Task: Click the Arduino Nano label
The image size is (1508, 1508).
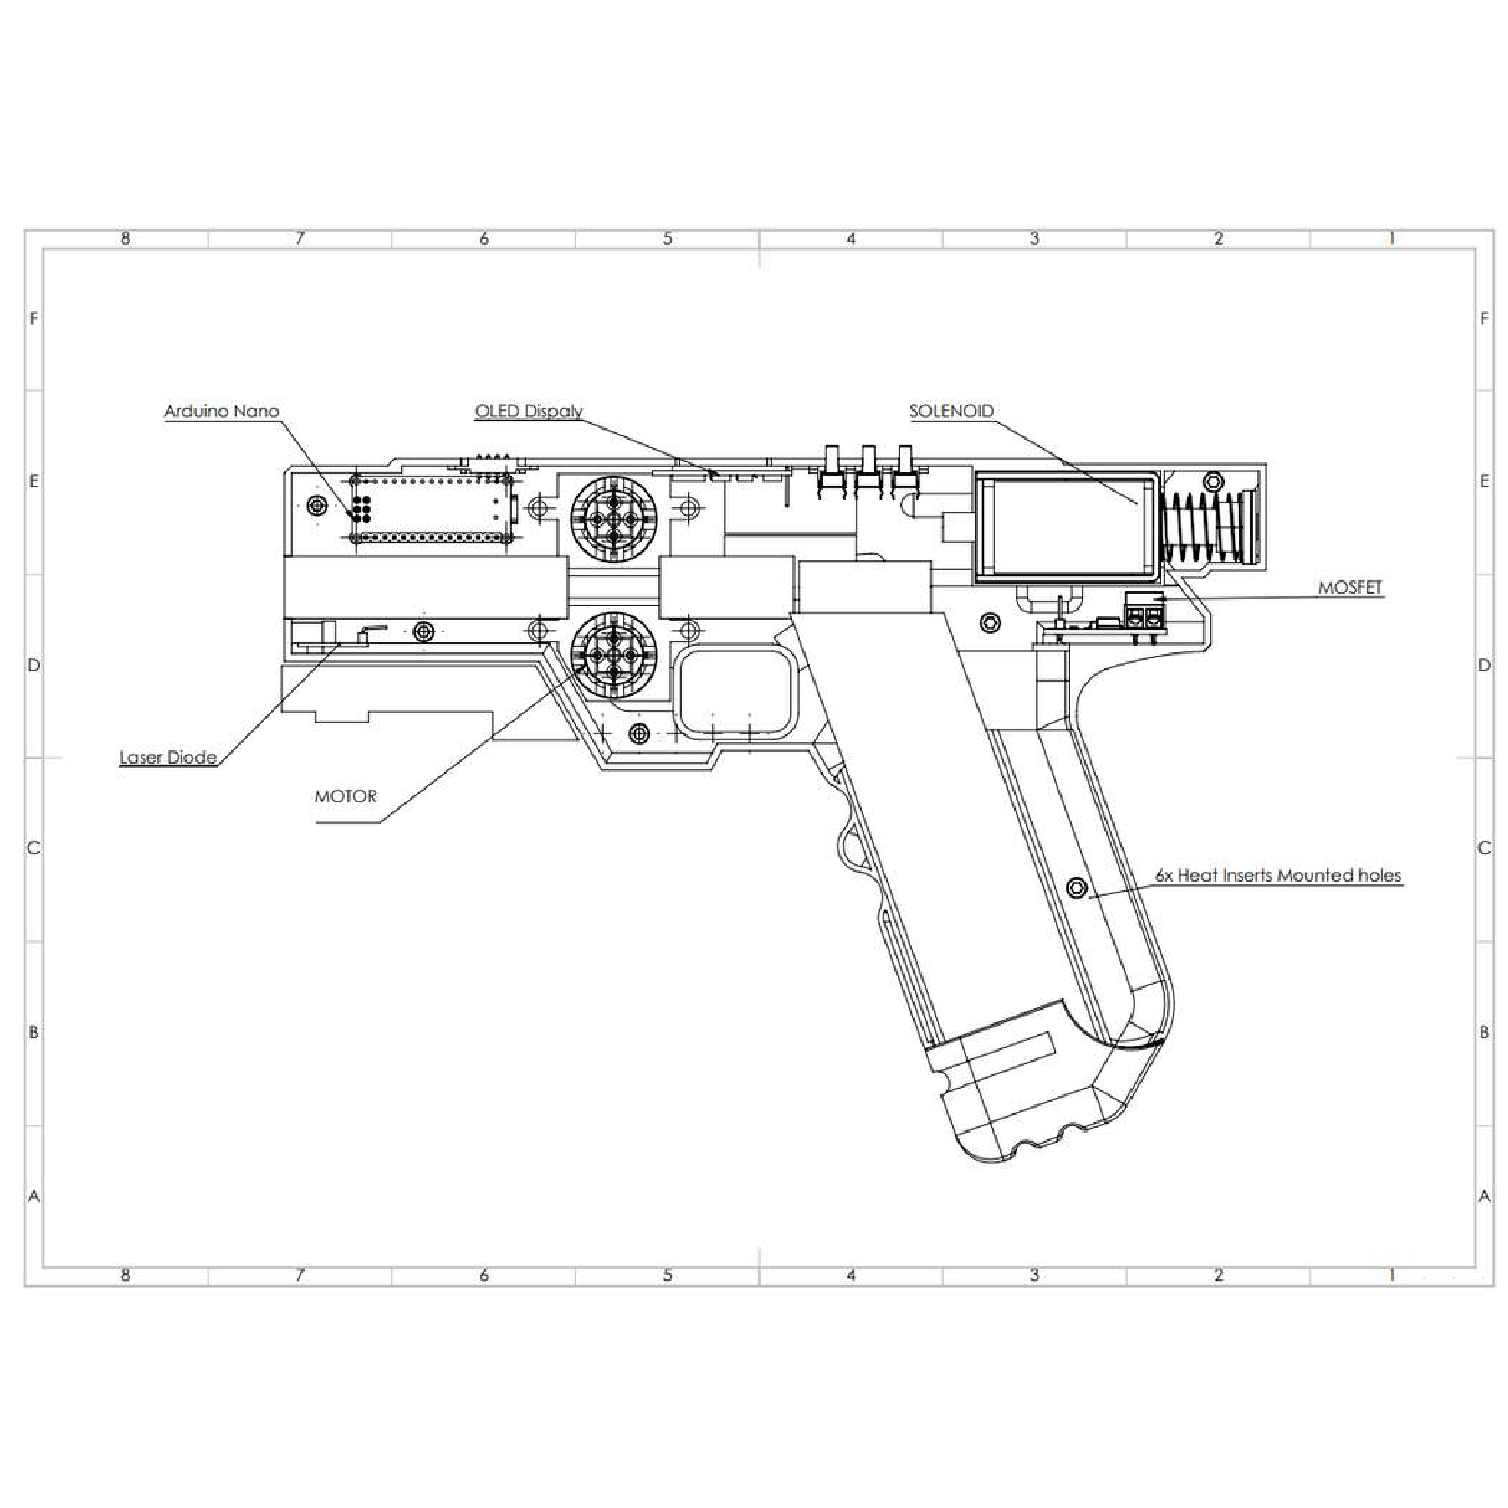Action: pos(221,412)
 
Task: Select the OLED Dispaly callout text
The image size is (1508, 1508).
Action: pos(528,412)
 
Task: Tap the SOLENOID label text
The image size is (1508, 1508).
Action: pos(952,412)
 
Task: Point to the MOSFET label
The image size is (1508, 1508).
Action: pos(1351,588)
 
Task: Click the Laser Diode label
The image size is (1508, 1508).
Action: pos(168,757)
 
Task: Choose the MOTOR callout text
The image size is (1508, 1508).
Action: pos(345,796)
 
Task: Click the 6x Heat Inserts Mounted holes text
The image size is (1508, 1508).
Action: pos(1279,875)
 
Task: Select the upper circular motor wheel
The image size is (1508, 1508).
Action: pos(614,518)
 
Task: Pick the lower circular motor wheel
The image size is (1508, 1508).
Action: pos(614,654)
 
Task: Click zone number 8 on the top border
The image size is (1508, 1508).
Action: pos(125,239)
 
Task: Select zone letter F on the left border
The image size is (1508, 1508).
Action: pos(33,318)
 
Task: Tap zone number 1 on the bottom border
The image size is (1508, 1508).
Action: pos(1393,1275)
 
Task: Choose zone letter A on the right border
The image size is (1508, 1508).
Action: pos(1485,1195)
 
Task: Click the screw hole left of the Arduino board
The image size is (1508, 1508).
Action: pos(316,505)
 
